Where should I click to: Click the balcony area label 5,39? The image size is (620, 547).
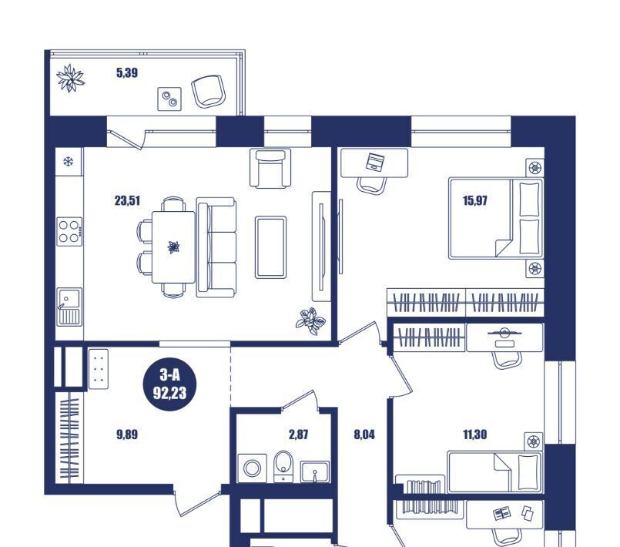pos(127,72)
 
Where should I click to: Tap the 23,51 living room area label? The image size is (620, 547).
pos(127,201)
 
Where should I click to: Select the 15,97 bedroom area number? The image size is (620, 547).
pos(475,201)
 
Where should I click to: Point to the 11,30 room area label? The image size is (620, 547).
pos(475,435)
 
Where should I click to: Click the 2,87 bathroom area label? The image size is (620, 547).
pos(299,435)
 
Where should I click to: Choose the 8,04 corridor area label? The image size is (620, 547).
pos(364,435)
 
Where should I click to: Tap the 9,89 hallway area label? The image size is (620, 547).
pos(127,435)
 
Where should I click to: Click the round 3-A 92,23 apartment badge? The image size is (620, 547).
pos(169,384)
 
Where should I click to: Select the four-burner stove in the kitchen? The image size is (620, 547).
pos(69,231)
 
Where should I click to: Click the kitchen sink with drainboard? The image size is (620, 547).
pos(69,307)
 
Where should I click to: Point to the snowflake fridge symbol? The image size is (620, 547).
pos(69,161)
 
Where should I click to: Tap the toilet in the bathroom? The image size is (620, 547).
pos(283,466)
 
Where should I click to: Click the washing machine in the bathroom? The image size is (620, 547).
pos(252,468)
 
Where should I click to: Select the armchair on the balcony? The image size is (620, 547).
pos(209,91)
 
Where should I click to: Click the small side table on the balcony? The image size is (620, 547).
pos(169,99)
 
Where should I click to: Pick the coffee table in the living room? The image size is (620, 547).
pos(270,247)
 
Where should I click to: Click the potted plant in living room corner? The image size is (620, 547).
pos(311,320)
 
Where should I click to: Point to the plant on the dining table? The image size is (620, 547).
pos(173,247)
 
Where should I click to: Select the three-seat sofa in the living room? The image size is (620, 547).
pos(216,247)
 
